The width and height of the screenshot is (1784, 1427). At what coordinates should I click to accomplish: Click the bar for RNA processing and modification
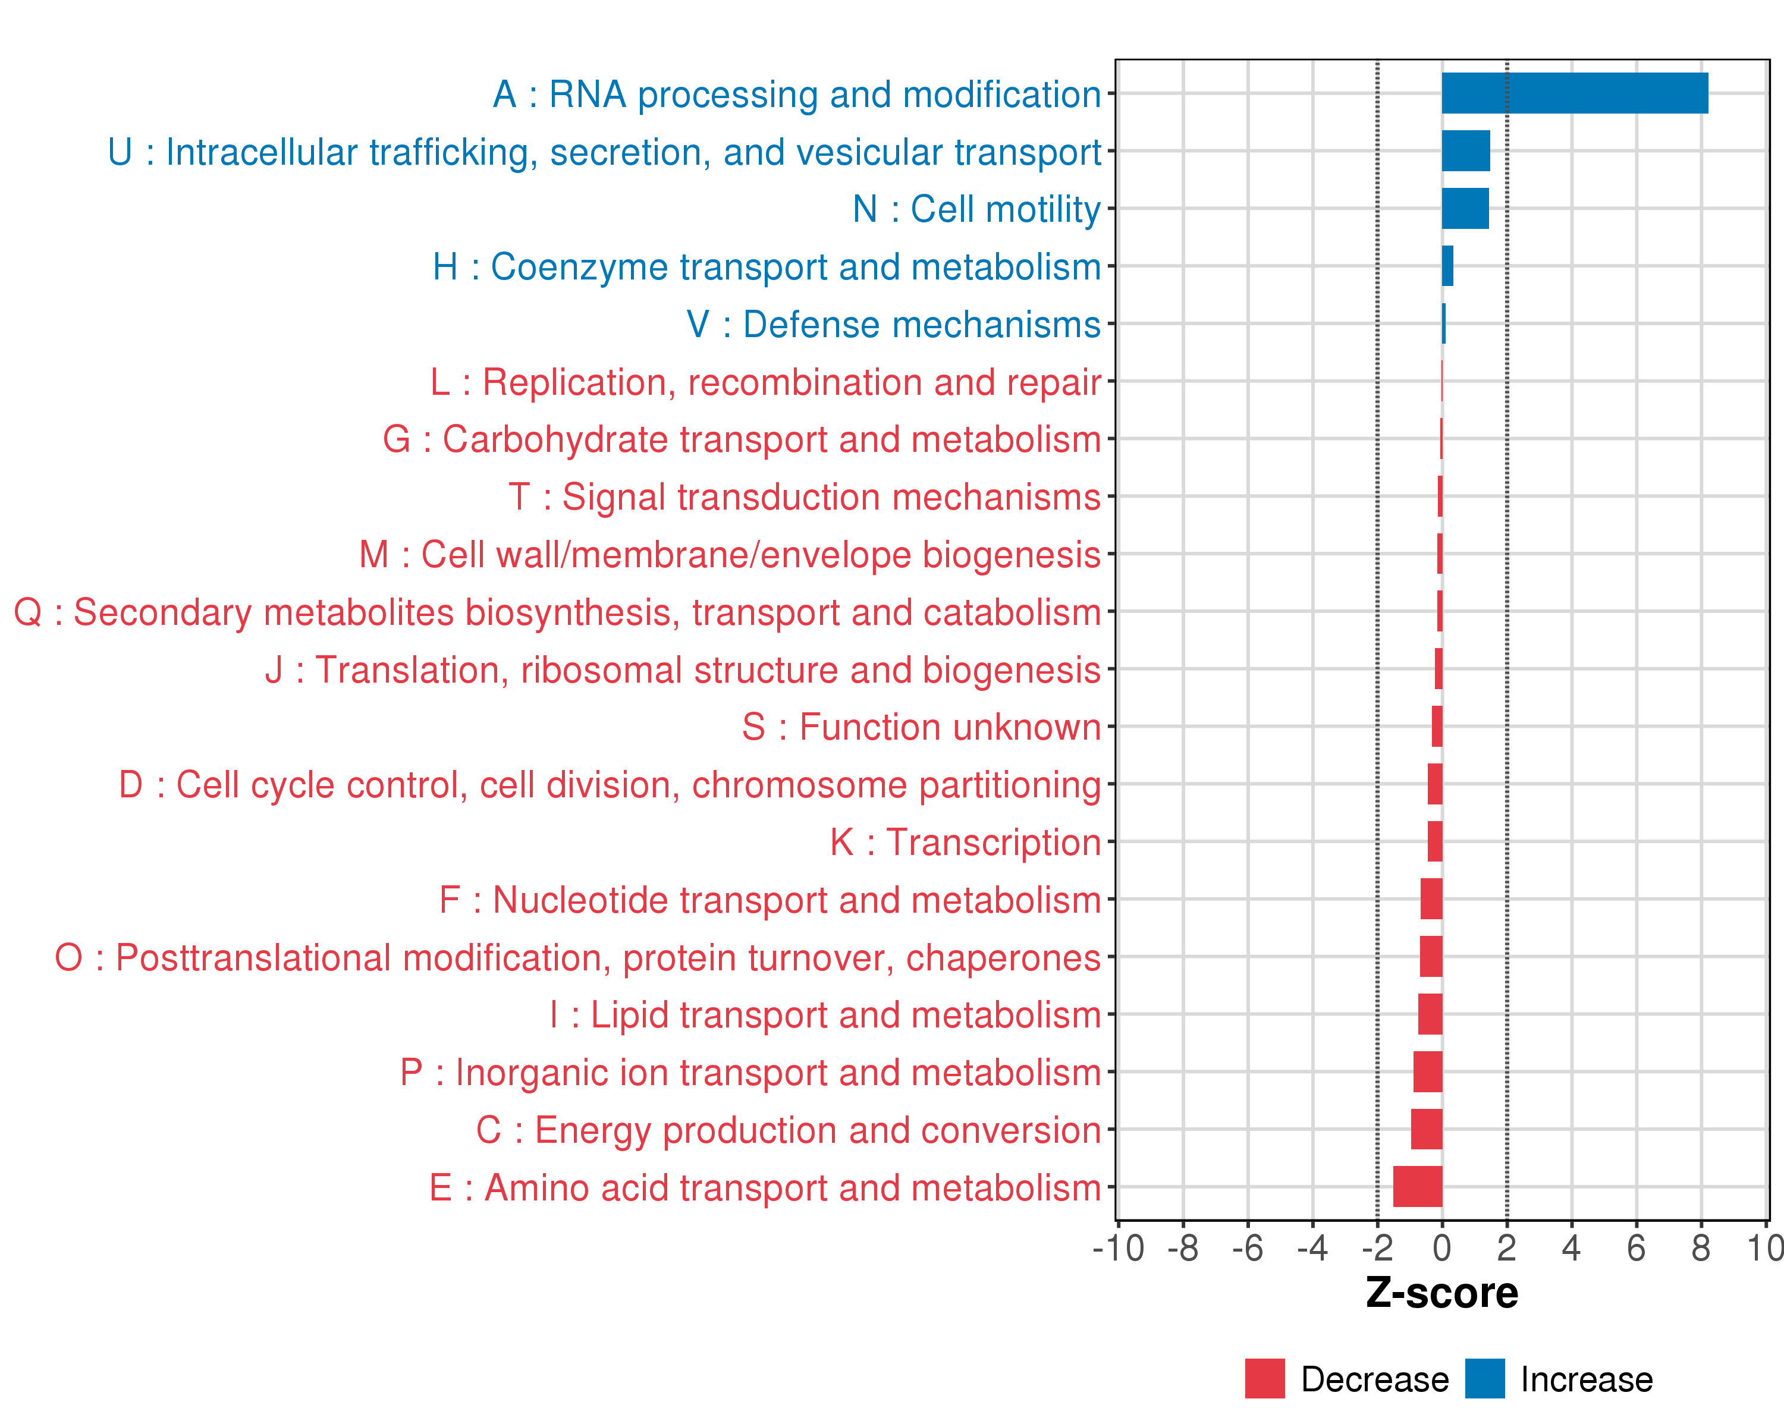click(1574, 93)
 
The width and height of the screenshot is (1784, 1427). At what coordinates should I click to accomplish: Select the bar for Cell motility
click(1465, 209)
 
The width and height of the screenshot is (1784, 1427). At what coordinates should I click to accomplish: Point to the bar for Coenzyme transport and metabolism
click(1447, 266)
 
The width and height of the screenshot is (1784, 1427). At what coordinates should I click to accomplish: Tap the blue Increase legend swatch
click(1484, 1378)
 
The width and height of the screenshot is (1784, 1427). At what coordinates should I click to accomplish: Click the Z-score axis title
click(1441, 1293)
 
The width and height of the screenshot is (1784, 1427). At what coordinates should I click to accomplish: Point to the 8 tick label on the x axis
click(1700, 1248)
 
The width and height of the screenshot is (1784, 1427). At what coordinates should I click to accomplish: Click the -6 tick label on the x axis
click(1247, 1248)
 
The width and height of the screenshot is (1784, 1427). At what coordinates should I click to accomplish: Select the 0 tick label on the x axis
click(1441, 1248)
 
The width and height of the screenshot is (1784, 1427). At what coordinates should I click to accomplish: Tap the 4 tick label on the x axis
click(1571, 1248)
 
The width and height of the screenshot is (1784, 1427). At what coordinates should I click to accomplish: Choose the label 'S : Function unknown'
click(921, 727)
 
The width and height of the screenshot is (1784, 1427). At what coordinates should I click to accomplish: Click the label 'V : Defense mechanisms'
click(894, 324)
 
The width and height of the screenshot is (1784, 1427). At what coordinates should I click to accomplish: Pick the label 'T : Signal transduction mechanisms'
click(805, 497)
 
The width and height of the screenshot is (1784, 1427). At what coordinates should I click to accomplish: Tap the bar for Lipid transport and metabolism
click(1430, 1014)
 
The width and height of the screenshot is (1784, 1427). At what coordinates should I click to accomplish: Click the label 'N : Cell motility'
click(976, 209)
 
